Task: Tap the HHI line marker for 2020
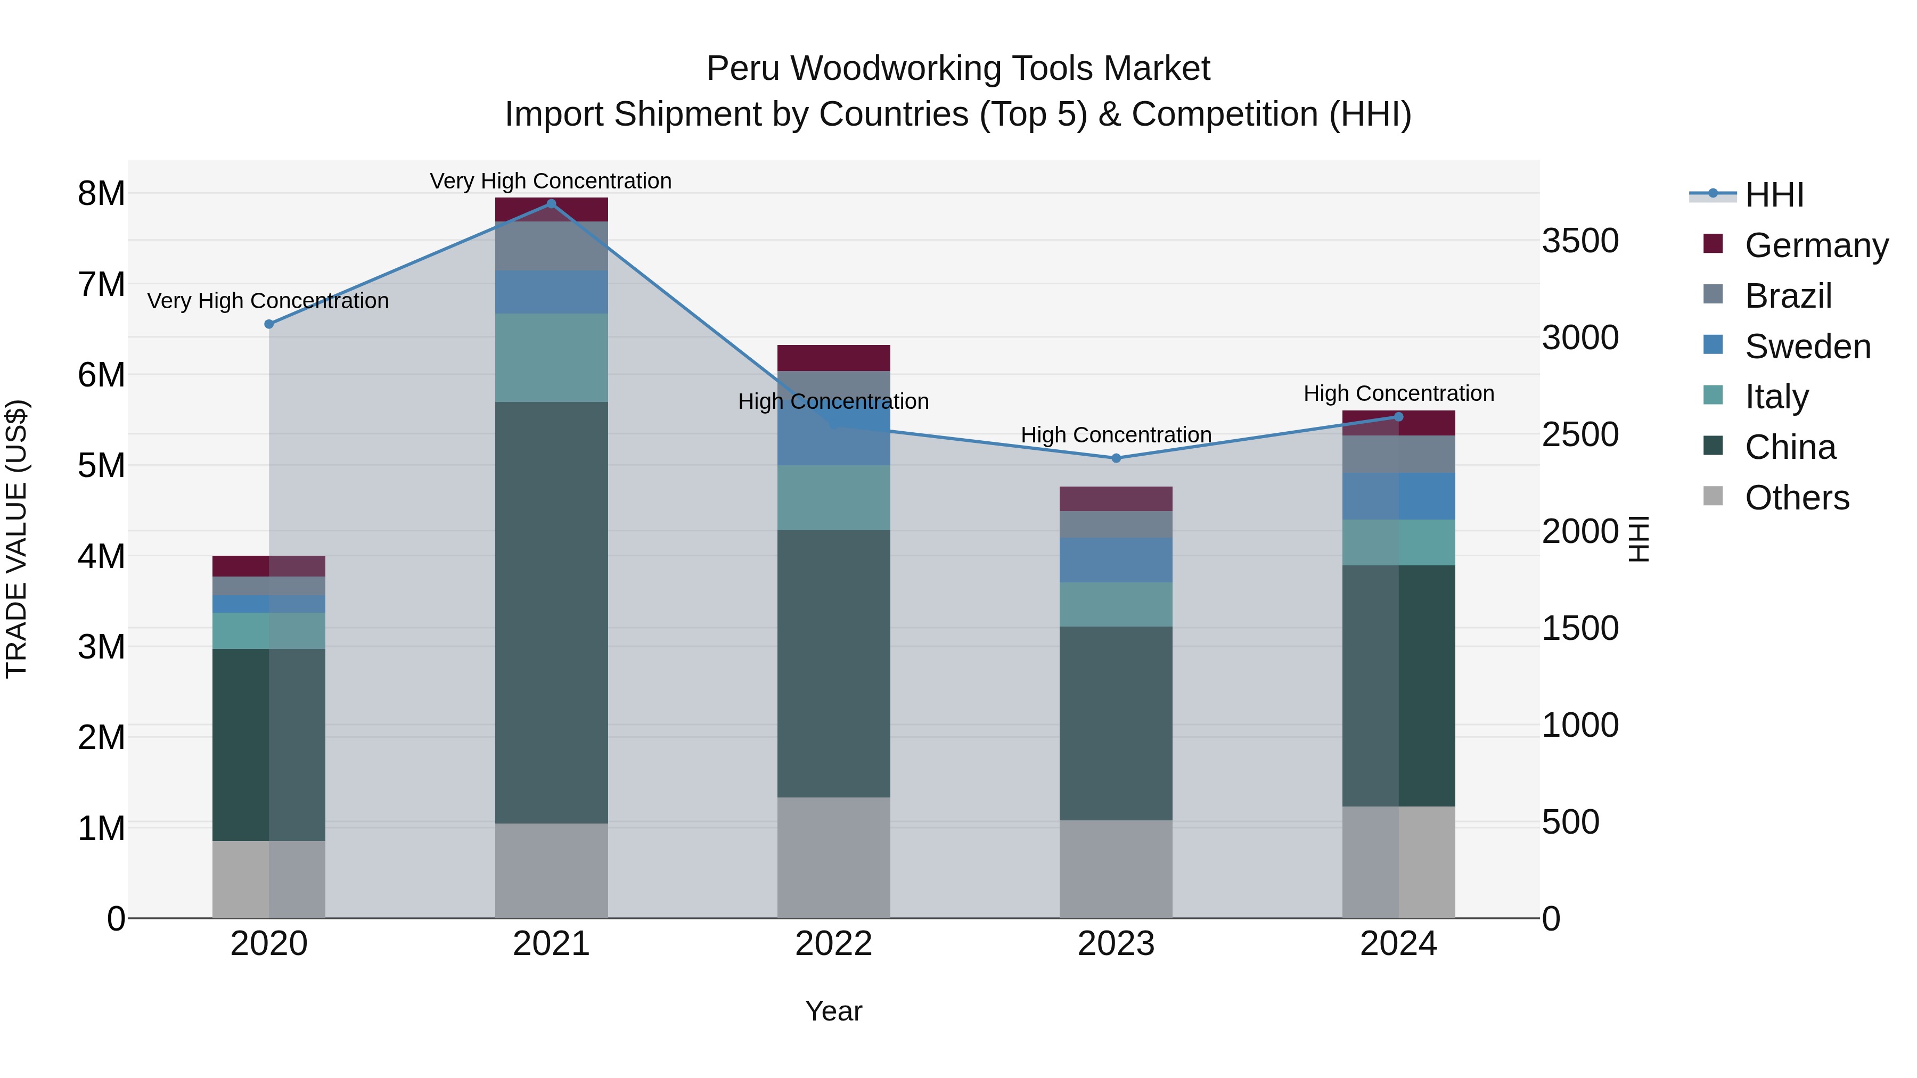(269, 324)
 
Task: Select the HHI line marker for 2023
(1116, 458)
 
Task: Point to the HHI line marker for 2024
(1398, 417)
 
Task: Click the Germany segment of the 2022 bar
(833, 358)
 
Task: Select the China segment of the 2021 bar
(552, 612)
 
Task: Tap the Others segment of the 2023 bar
(1116, 868)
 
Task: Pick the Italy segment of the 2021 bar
(552, 357)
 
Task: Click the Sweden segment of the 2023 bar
(1116, 559)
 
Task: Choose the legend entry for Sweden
(1807, 347)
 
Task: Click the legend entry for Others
(1797, 498)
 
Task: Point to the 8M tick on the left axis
(101, 193)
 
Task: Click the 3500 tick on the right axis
(1580, 241)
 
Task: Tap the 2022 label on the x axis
(833, 944)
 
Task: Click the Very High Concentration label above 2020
(268, 301)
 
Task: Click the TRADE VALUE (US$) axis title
(17, 539)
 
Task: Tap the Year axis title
(833, 1011)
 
